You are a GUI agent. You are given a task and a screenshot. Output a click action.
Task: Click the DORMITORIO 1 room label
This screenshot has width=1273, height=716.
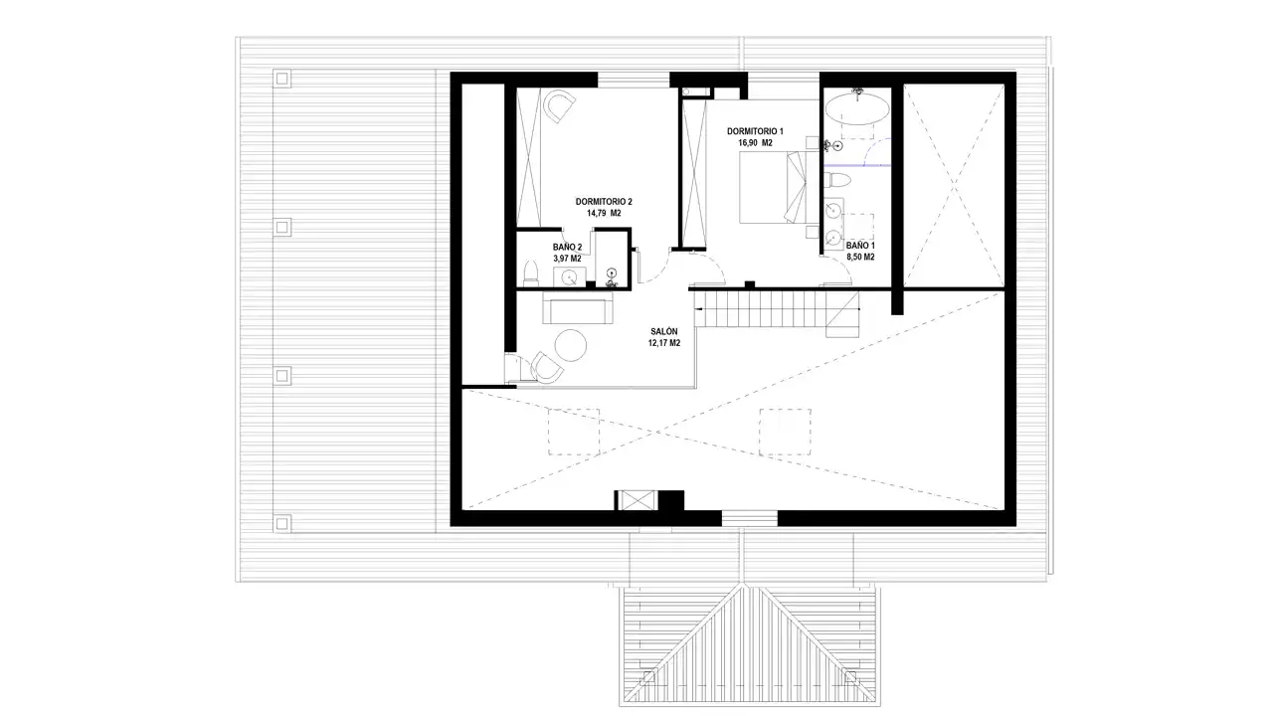(x=755, y=131)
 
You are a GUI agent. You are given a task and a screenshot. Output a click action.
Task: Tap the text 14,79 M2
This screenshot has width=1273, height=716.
(x=604, y=213)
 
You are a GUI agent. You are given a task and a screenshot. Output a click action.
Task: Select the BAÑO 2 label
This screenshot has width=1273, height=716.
(x=567, y=248)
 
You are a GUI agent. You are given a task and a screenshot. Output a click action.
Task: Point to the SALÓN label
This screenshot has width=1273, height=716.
(x=663, y=331)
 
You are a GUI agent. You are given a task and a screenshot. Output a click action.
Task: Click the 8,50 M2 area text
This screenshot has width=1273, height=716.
(x=860, y=257)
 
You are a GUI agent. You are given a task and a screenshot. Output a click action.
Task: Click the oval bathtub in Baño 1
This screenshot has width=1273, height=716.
(x=856, y=109)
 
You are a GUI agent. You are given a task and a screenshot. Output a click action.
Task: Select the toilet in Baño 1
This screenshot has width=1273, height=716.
(x=837, y=181)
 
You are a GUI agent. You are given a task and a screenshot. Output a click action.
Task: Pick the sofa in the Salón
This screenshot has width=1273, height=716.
(x=578, y=307)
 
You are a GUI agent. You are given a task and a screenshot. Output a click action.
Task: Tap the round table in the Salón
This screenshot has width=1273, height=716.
(x=571, y=345)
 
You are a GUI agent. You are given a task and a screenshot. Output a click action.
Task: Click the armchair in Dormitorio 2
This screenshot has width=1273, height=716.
(x=559, y=105)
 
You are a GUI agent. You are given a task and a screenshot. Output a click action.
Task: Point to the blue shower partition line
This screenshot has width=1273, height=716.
(x=857, y=165)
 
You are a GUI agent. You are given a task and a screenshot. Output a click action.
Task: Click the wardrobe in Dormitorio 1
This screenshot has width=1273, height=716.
(x=693, y=173)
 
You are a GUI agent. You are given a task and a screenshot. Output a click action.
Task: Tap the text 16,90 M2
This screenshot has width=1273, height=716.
(x=755, y=143)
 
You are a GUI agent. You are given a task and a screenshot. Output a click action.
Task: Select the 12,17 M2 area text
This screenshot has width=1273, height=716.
(x=663, y=343)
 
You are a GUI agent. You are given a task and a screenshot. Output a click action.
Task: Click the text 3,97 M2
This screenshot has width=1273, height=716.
(x=567, y=259)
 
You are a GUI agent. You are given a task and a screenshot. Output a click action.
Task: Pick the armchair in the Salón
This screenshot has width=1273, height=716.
(x=547, y=367)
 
